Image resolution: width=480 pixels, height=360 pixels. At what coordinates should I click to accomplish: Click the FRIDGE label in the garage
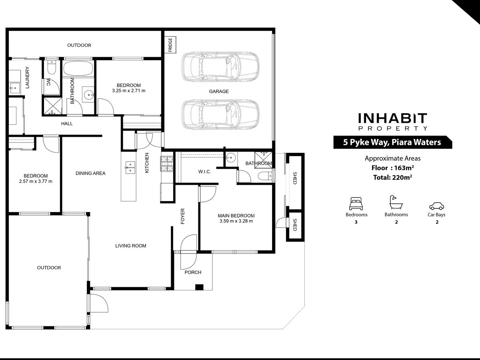170,45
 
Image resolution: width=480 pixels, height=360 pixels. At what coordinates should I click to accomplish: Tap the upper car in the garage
220,67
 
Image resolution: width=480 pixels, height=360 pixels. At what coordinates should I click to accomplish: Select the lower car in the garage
220,114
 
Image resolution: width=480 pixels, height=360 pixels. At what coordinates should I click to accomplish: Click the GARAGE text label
219,91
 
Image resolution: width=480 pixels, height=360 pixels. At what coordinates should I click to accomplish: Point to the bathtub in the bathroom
78,68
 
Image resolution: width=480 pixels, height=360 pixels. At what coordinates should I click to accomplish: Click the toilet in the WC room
52,68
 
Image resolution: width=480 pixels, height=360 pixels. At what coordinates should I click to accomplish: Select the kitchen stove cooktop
167,164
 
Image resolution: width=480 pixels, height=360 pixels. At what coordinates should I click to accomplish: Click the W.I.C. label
205,172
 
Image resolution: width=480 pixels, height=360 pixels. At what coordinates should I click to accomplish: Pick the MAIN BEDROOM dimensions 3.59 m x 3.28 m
236,221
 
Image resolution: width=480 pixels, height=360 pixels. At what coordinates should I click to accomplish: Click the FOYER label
182,216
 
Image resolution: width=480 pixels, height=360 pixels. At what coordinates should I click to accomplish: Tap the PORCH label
193,272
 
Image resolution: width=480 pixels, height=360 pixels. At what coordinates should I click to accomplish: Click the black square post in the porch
199,287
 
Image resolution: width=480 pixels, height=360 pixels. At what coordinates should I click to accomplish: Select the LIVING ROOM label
131,246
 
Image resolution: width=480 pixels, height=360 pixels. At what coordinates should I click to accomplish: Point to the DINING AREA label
90,173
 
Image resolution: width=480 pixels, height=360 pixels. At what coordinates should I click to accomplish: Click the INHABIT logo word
392,118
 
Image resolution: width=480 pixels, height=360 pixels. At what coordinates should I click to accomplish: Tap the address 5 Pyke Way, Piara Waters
392,142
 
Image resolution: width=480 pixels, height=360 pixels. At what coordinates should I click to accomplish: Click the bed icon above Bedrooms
356,204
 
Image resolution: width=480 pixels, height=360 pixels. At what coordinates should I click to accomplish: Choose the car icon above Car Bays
436,206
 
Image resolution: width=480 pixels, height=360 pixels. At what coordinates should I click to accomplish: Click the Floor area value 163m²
404,168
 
